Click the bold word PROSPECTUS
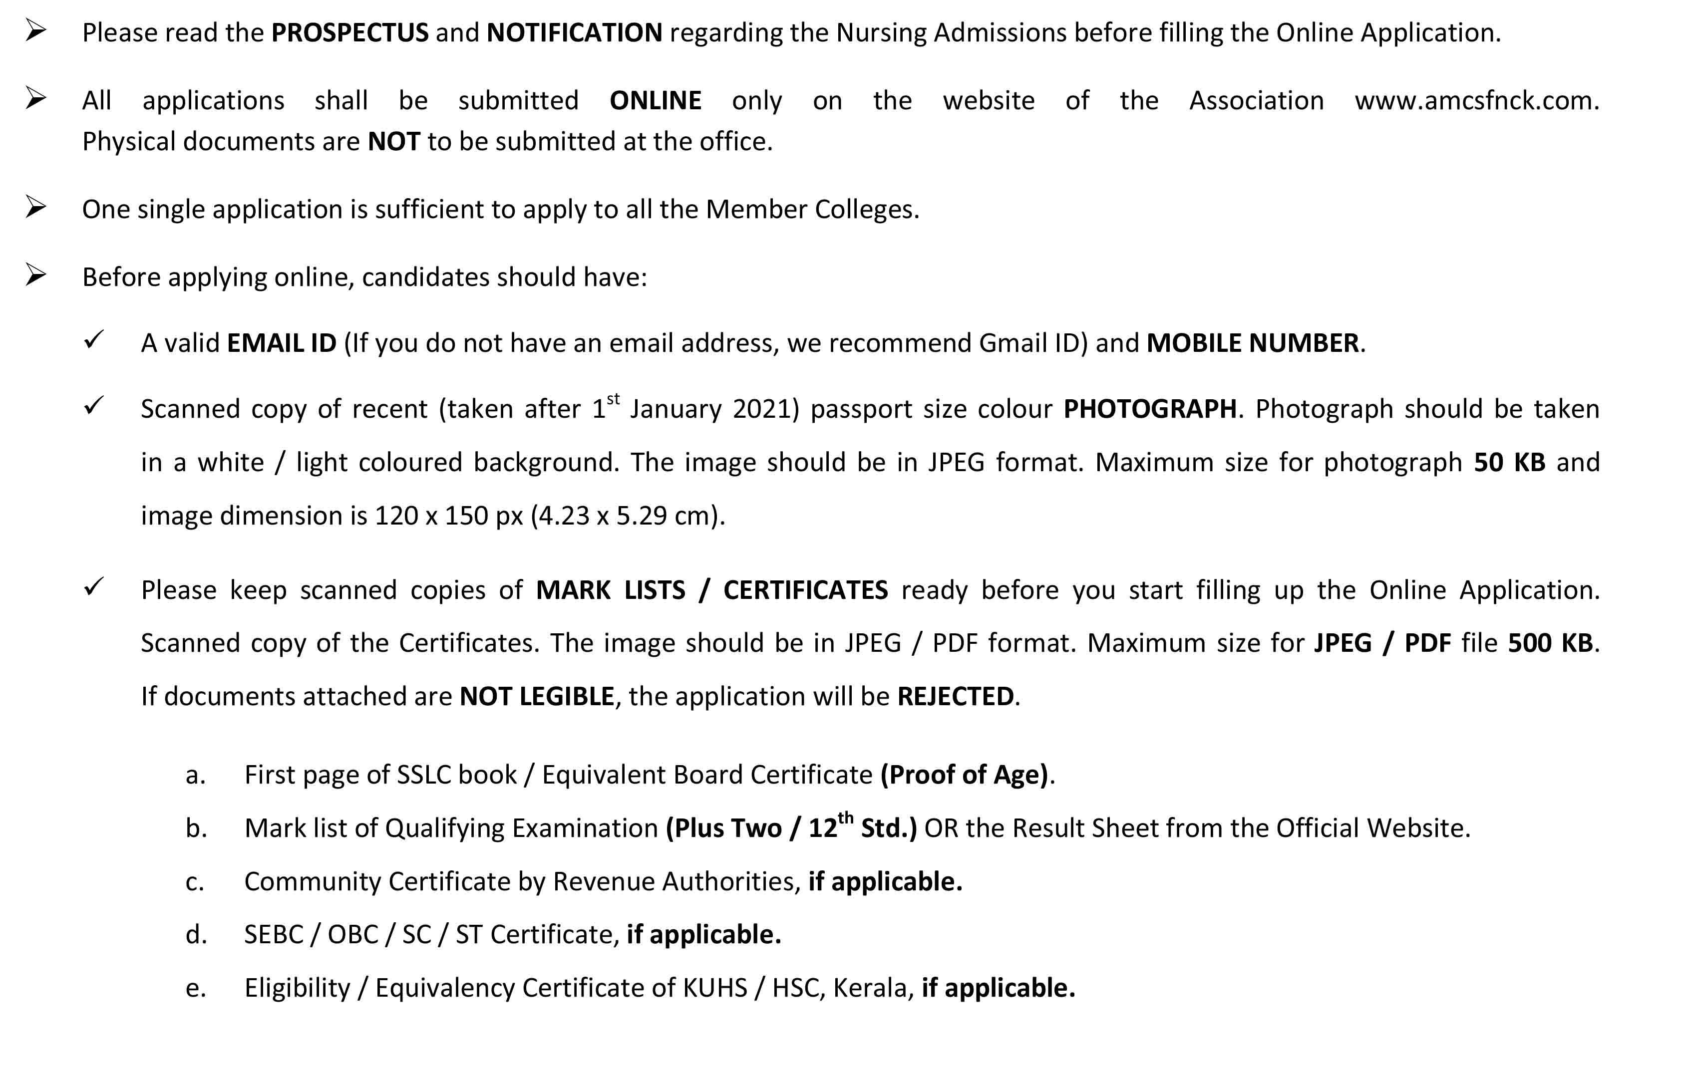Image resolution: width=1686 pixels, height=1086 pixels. (x=350, y=32)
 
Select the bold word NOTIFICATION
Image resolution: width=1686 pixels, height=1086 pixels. (x=574, y=32)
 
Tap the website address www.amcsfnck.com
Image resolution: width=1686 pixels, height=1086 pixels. (x=1476, y=101)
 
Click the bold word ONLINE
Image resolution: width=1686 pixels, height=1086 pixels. (x=656, y=101)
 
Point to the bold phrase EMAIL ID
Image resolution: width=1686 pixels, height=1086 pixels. (x=282, y=343)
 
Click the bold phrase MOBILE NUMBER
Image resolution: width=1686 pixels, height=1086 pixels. (x=1253, y=343)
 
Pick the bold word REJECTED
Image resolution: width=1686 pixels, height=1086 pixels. (x=956, y=697)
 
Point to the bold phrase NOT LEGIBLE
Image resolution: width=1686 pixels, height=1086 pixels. (x=537, y=697)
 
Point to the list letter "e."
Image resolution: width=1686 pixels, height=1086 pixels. (x=195, y=989)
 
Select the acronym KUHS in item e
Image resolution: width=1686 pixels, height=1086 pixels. (x=714, y=989)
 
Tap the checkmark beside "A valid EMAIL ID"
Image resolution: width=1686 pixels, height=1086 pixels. (x=93, y=340)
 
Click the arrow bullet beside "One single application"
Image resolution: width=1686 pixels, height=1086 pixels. (x=36, y=207)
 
